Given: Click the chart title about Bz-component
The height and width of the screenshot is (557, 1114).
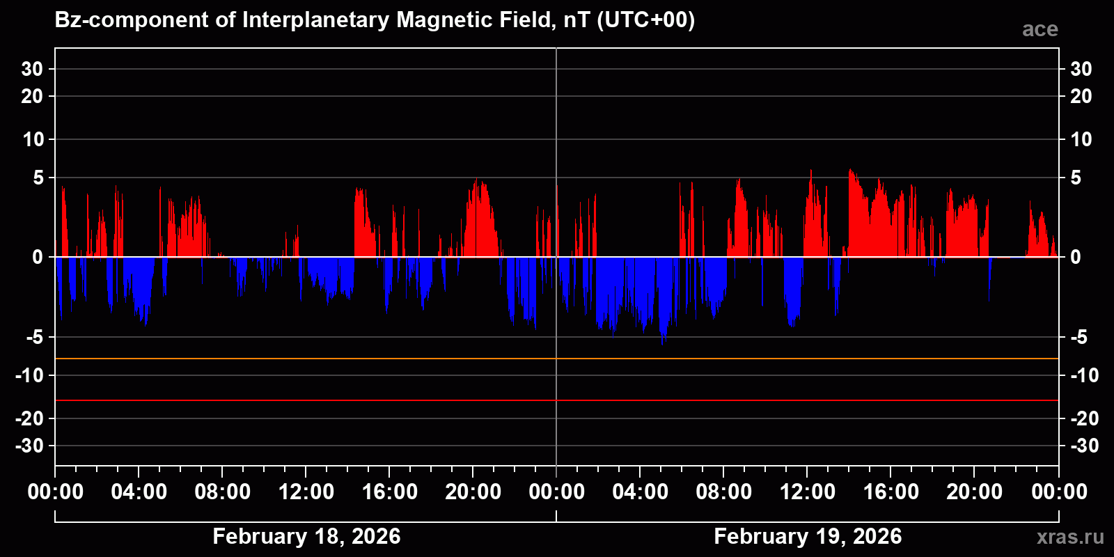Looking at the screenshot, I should pyautogui.click(x=375, y=20).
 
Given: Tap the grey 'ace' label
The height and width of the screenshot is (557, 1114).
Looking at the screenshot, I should pyautogui.click(x=1040, y=29).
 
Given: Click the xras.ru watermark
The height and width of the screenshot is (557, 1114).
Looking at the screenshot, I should pyautogui.click(x=1070, y=537).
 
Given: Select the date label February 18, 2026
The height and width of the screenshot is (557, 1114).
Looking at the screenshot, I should pyautogui.click(x=306, y=536).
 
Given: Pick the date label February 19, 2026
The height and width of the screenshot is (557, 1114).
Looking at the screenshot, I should pyautogui.click(x=808, y=536).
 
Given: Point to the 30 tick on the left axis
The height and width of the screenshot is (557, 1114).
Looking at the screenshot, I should pyautogui.click(x=32, y=69).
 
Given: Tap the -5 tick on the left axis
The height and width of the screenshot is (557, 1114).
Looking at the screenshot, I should pyautogui.click(x=34, y=338).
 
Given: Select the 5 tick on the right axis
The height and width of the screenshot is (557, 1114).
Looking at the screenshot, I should pyautogui.click(x=1076, y=178).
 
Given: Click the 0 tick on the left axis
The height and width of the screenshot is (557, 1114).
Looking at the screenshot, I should pyautogui.click(x=38, y=258).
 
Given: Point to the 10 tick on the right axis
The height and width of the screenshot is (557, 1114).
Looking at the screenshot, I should pyautogui.click(x=1081, y=139).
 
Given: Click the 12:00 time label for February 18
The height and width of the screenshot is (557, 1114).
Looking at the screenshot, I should pyautogui.click(x=306, y=492).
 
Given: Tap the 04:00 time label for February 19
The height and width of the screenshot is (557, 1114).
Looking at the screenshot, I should pyautogui.click(x=641, y=492).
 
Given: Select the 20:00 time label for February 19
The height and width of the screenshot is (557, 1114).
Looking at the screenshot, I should pyautogui.click(x=975, y=492).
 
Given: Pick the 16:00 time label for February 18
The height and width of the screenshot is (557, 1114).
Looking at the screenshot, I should pyautogui.click(x=390, y=492).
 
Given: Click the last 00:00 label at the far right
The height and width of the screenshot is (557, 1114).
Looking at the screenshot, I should pyautogui.click(x=1059, y=492).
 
